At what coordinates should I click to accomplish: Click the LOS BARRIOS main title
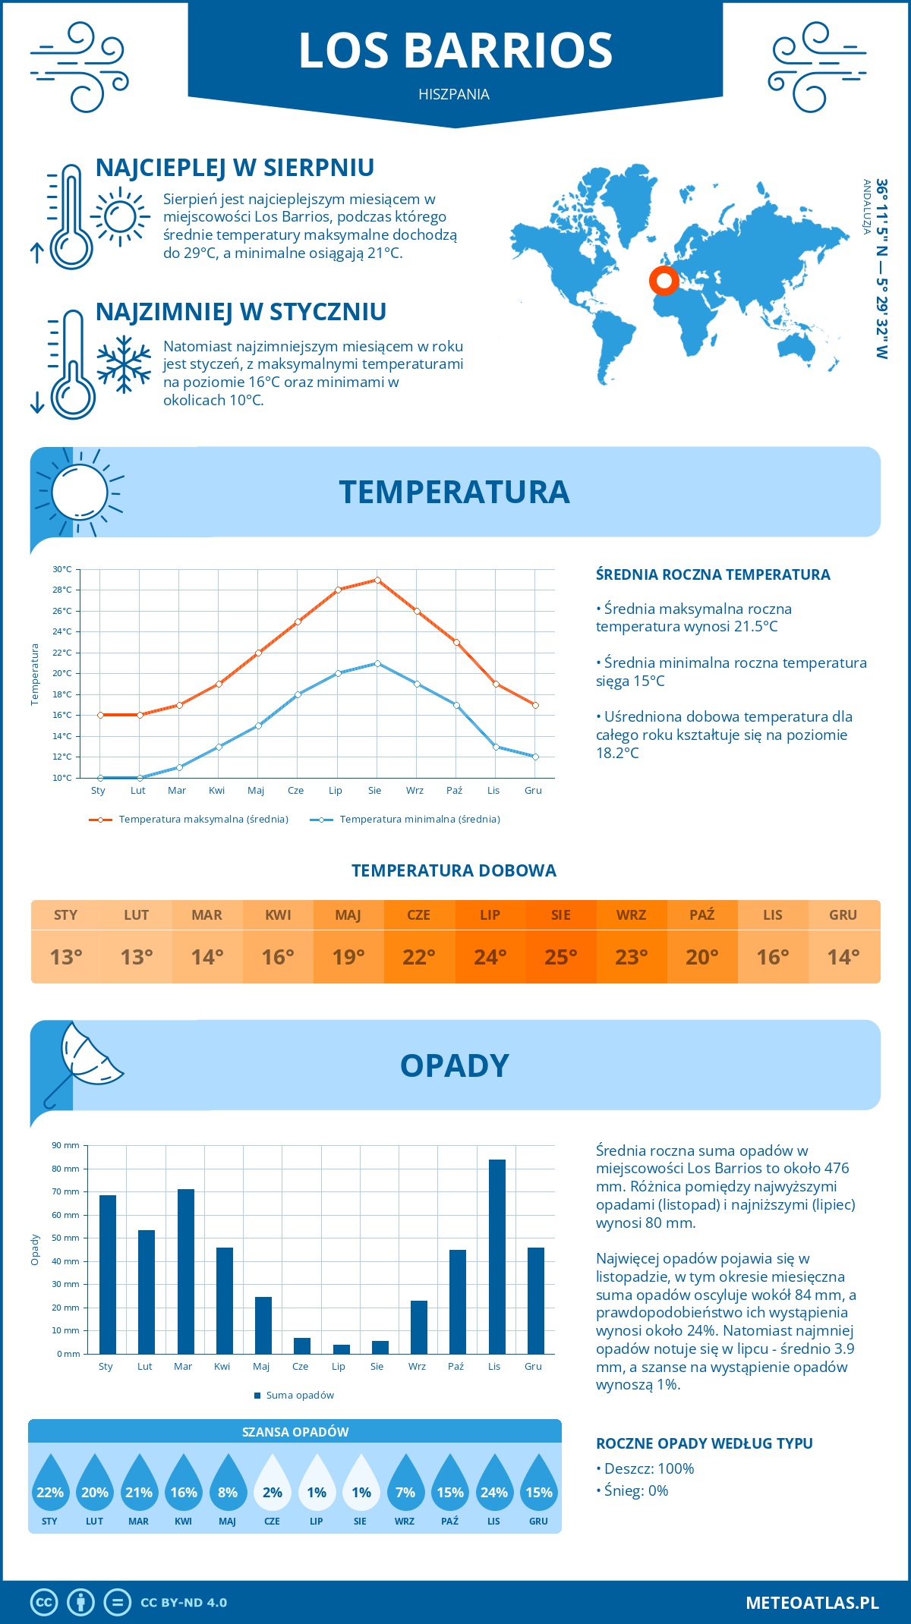(x=455, y=51)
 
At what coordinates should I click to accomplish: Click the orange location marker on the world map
(x=664, y=281)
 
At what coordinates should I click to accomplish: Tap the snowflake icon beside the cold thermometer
(x=124, y=364)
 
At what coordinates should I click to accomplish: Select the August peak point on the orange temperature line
(x=377, y=580)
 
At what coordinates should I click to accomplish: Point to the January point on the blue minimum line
(x=100, y=778)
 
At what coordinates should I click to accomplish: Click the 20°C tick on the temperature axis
(x=62, y=673)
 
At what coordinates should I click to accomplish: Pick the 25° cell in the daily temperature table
(x=561, y=957)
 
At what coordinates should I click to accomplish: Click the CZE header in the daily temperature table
(x=419, y=915)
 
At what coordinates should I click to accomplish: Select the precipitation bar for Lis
(x=497, y=1257)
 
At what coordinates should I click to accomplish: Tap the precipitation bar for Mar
(x=186, y=1271)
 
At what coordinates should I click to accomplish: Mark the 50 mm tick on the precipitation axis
(x=67, y=1238)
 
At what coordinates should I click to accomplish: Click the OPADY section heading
(x=455, y=1065)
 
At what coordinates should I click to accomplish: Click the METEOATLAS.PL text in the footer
(x=812, y=1603)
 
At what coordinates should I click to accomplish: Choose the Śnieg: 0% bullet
(x=634, y=1491)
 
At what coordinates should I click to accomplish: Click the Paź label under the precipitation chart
(x=455, y=1367)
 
